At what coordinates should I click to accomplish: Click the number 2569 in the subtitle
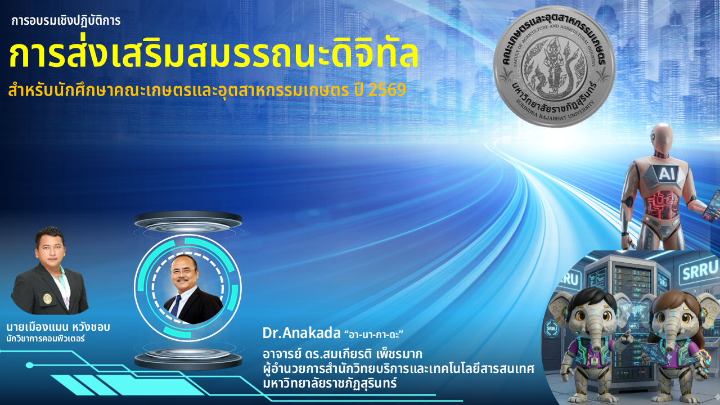pyautogui.click(x=388, y=91)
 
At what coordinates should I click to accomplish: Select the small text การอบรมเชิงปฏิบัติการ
pyautogui.click(x=66, y=21)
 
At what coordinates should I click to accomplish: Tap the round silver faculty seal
pyautogui.click(x=554, y=66)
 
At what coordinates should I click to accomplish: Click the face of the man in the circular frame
pyautogui.click(x=183, y=272)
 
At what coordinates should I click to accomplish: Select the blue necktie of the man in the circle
pyautogui.click(x=176, y=305)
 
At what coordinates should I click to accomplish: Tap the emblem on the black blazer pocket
pyautogui.click(x=47, y=298)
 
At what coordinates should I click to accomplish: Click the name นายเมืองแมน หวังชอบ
pyautogui.click(x=58, y=327)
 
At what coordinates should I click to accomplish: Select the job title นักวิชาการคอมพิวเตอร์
pyautogui.click(x=46, y=339)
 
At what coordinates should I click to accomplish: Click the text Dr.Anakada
pyautogui.click(x=301, y=334)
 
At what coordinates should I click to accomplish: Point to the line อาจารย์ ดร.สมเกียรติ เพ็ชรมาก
pyautogui.click(x=343, y=354)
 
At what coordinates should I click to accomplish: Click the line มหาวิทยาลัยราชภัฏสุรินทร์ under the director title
pyautogui.click(x=330, y=383)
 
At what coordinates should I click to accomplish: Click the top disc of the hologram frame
pyautogui.click(x=188, y=222)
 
